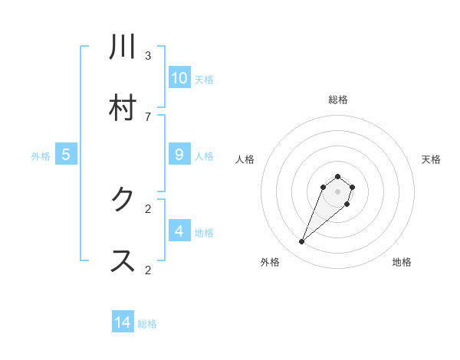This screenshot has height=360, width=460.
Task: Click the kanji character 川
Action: [x=123, y=47]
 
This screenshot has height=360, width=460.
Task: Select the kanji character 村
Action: [x=123, y=108]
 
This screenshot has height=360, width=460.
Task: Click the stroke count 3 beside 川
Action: [x=148, y=55]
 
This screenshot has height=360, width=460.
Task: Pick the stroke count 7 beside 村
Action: [x=148, y=116]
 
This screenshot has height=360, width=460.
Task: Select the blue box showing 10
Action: [x=179, y=77]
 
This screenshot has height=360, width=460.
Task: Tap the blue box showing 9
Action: [x=179, y=154]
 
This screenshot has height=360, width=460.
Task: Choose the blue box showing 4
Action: [x=179, y=231]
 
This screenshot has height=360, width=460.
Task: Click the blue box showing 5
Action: [x=66, y=154]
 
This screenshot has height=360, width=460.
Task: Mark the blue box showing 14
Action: [x=123, y=322]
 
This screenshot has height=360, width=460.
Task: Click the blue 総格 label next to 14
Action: [x=147, y=324]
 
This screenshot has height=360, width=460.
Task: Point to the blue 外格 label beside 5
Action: [x=41, y=155]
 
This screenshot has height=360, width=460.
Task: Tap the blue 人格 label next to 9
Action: [x=204, y=155]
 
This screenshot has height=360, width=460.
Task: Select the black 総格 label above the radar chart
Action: [x=337, y=100]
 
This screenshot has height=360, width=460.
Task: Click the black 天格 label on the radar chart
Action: [x=431, y=159]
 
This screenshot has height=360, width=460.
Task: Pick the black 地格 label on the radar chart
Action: [x=402, y=262]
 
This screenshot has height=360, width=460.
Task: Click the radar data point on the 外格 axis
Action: [x=302, y=242]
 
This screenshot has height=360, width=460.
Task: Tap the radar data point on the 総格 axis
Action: [x=337, y=175]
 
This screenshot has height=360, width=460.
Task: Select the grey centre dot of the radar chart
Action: [x=337, y=191]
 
